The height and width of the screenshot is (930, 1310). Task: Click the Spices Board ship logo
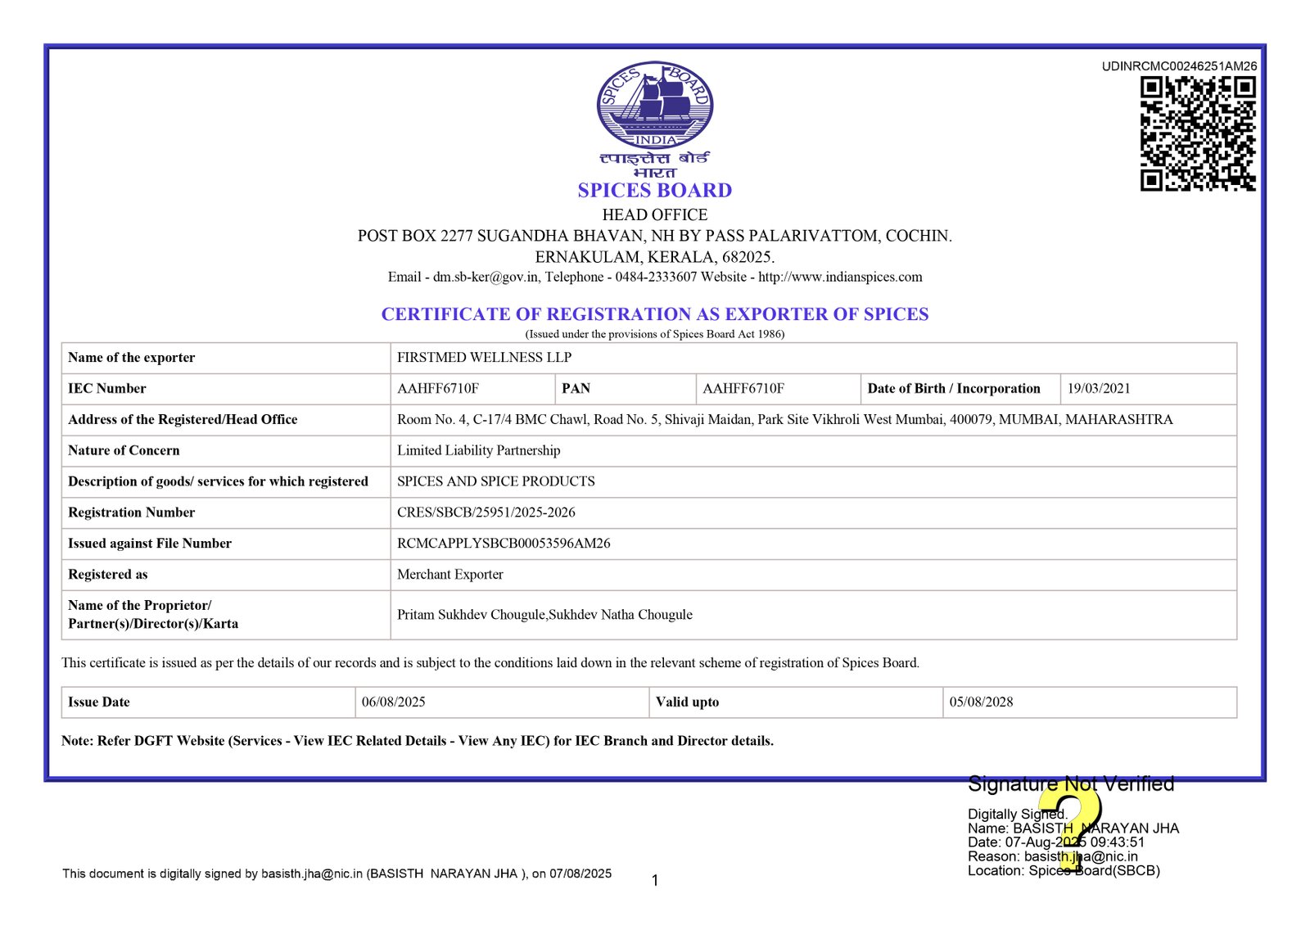coord(654,105)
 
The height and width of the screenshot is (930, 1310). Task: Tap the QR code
coord(1198,133)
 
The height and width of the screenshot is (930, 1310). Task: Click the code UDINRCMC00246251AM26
coord(1179,66)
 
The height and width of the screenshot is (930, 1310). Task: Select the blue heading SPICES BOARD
coord(654,191)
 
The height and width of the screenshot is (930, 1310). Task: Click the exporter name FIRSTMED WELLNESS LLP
coord(484,358)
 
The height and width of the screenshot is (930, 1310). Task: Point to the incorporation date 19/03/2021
coord(1098,389)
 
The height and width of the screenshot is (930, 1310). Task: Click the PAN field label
coord(576,389)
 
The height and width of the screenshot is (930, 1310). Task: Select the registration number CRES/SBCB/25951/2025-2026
coord(486,512)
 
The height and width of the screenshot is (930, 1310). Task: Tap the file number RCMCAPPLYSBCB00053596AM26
coord(504,544)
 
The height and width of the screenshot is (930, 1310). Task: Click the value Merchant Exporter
coord(449,575)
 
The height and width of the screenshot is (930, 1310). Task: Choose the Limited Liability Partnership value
coord(478,450)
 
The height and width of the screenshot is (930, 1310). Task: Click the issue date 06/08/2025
coord(393,702)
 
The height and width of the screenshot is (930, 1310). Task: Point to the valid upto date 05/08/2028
coord(981,702)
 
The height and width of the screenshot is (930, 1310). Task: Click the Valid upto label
coord(687,702)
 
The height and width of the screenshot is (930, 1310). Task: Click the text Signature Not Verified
coord(1070,784)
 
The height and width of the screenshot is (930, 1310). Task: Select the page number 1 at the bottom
coord(655,881)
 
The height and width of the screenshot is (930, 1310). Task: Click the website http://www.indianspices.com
coord(840,278)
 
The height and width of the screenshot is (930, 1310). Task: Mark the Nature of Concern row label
coord(124,450)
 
